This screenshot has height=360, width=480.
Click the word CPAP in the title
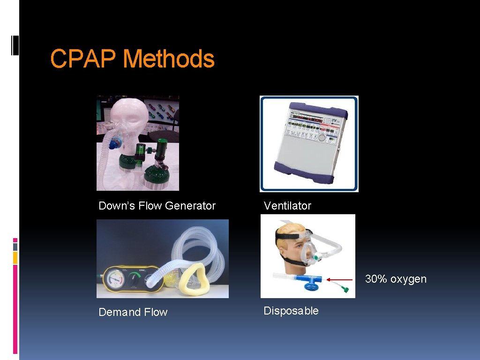tap(83, 60)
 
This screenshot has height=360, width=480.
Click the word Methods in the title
tap(168, 60)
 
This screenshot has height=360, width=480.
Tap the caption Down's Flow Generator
tap(157, 206)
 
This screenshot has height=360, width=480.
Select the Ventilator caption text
tap(287, 206)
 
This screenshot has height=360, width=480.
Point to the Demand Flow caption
tap(133, 312)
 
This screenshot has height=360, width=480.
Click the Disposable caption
tap(291, 311)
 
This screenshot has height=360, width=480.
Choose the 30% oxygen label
tap(396, 279)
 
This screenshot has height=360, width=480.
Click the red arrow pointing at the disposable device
tap(339, 279)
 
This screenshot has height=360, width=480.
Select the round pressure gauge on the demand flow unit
tap(114, 281)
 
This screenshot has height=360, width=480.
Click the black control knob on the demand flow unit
tap(135, 281)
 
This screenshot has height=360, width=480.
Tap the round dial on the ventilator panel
tap(321, 139)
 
